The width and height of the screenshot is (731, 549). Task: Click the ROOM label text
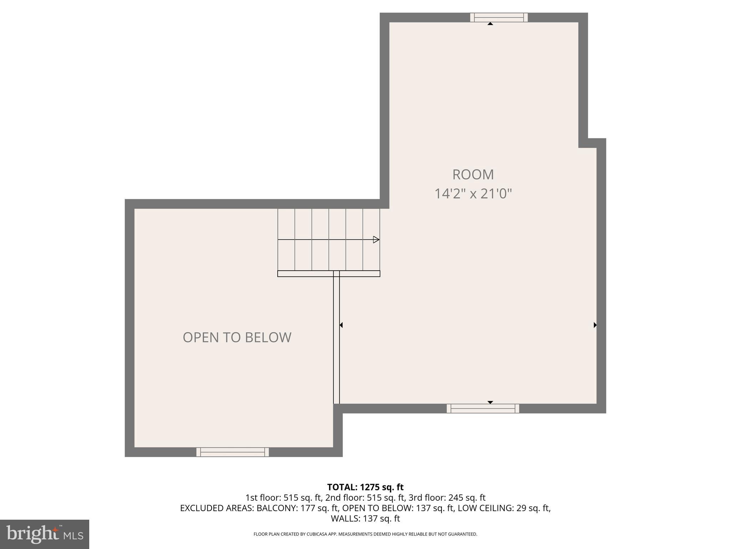(x=473, y=175)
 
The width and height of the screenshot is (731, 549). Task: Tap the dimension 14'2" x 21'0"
(x=473, y=194)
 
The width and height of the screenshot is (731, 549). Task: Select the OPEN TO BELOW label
(x=237, y=337)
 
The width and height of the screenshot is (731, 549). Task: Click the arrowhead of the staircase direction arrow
(x=376, y=239)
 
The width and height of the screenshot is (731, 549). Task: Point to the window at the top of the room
(x=499, y=18)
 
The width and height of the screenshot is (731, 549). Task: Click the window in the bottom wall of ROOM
(x=483, y=408)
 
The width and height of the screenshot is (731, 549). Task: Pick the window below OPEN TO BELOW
(x=232, y=452)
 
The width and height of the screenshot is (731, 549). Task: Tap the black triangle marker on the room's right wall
(x=595, y=325)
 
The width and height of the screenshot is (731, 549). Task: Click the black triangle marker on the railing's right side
(x=341, y=325)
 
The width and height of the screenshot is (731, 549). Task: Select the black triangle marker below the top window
(x=490, y=24)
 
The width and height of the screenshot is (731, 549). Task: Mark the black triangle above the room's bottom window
(x=490, y=402)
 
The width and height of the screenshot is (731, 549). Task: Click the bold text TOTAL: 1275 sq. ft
(x=365, y=487)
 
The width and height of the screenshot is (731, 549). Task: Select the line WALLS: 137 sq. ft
(x=365, y=518)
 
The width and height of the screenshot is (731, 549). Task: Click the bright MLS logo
(x=45, y=534)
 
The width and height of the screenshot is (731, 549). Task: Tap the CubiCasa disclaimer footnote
(x=365, y=534)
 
